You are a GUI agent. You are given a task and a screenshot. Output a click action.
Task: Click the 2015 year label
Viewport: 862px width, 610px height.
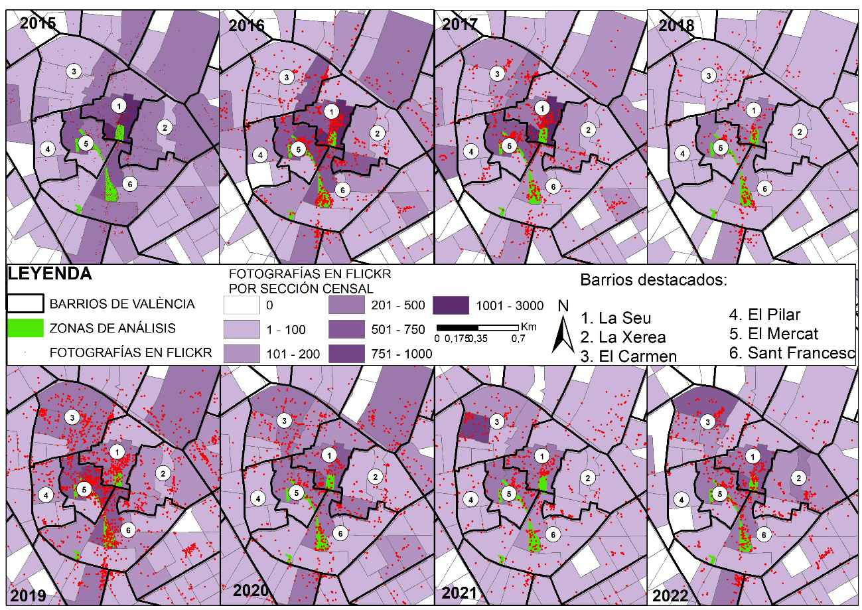(38, 23)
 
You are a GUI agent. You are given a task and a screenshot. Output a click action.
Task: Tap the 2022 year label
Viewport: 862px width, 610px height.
(670, 595)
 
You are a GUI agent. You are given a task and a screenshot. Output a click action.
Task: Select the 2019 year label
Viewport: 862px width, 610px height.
(28, 596)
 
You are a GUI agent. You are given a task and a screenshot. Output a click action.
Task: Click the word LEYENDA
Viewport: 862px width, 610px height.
(50, 273)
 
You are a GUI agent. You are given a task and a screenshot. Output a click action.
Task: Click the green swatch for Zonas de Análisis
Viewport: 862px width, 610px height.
(25, 329)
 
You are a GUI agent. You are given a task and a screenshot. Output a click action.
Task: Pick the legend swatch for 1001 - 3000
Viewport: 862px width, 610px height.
(451, 305)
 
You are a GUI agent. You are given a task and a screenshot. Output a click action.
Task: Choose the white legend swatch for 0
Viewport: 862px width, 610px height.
(242, 305)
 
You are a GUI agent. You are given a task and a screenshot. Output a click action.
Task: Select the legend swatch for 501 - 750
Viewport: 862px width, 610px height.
(346, 329)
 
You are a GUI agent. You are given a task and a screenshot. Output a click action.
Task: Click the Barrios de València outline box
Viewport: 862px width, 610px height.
(25, 303)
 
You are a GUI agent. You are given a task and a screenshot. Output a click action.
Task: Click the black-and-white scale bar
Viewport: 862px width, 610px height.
(478, 327)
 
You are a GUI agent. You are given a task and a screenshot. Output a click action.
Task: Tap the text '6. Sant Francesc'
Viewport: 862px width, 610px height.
(792, 353)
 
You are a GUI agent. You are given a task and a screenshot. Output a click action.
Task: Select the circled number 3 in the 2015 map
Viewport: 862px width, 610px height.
(74, 71)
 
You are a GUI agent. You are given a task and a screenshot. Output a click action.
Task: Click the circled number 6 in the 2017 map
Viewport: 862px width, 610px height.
(553, 187)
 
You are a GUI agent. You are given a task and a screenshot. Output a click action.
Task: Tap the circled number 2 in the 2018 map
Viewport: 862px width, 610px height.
(800, 132)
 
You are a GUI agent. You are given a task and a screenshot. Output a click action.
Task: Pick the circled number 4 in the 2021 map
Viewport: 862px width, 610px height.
(470, 500)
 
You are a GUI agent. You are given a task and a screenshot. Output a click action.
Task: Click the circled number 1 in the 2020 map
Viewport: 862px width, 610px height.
(329, 455)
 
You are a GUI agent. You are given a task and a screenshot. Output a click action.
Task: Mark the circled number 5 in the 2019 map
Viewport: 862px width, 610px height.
(84, 489)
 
